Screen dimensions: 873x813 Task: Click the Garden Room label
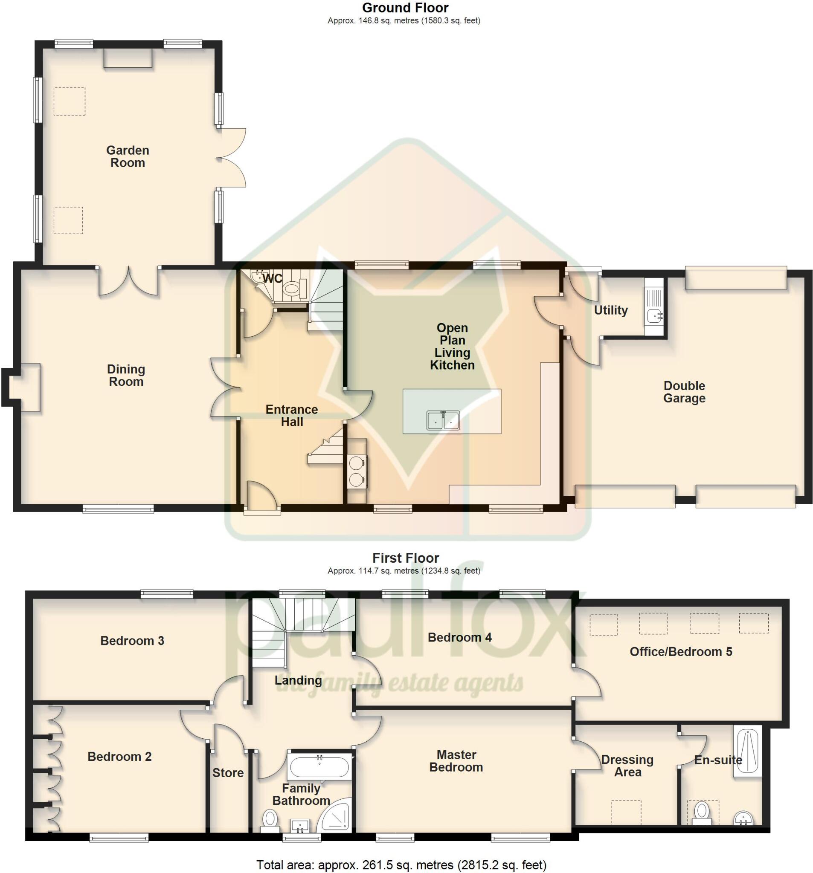(128, 157)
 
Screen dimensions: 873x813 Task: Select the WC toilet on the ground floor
(291, 289)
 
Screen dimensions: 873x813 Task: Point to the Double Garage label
(684, 392)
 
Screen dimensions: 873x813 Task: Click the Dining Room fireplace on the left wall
(26, 387)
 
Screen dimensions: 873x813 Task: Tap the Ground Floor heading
(405, 8)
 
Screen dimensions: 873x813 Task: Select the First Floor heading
(405, 558)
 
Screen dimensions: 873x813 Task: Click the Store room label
(228, 773)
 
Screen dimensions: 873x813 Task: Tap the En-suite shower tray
(746, 752)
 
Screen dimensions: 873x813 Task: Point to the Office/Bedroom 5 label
(680, 652)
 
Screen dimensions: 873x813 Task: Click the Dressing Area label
(627, 766)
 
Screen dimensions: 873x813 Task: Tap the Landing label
(298, 680)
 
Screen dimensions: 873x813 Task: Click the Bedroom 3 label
(132, 641)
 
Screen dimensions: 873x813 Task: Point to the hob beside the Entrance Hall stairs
(356, 470)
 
